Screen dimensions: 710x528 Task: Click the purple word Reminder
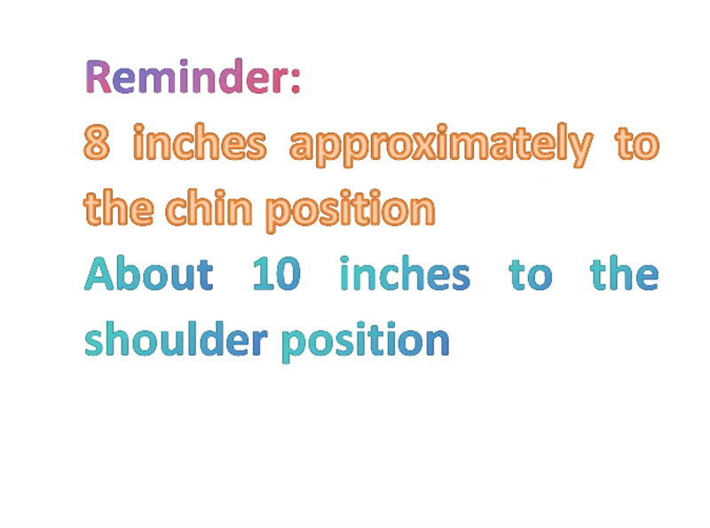click(x=186, y=76)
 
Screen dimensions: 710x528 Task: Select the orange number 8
click(x=97, y=142)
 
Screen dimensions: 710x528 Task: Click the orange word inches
click(x=200, y=142)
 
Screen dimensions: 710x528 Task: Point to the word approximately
click(x=441, y=145)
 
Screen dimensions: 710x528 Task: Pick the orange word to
click(x=637, y=143)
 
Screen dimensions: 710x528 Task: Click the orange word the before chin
click(x=119, y=208)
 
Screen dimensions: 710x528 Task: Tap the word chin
click(x=209, y=208)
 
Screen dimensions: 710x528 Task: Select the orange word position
click(x=351, y=210)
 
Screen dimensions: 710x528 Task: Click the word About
click(x=148, y=273)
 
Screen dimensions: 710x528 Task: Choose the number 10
click(x=276, y=273)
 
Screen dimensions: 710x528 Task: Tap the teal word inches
click(x=406, y=273)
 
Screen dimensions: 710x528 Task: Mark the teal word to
click(x=531, y=274)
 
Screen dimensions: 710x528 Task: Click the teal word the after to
click(x=625, y=272)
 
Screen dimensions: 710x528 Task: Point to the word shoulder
click(x=176, y=339)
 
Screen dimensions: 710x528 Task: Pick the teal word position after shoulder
click(x=366, y=342)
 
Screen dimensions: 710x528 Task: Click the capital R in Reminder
click(x=99, y=76)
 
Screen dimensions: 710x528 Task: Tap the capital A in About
click(x=100, y=273)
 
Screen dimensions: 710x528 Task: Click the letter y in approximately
click(x=580, y=149)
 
